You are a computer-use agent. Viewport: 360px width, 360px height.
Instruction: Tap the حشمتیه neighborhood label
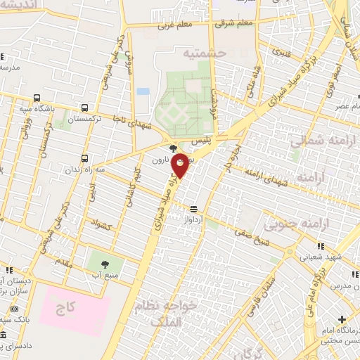pyautogui.click(x=202, y=53)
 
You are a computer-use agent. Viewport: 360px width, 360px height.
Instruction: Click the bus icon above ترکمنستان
pyautogui.click(x=85, y=108)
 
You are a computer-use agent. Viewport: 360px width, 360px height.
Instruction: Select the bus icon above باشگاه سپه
pyautogui.click(x=37, y=98)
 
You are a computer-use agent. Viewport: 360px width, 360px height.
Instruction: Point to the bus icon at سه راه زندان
pyautogui.click(x=85, y=158)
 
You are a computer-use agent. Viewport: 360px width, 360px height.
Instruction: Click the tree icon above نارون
pyautogui.click(x=174, y=148)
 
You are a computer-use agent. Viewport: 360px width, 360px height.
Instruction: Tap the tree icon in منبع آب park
pyautogui.click(x=105, y=264)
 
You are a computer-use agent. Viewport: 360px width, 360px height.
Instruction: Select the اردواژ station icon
pyautogui.click(x=193, y=208)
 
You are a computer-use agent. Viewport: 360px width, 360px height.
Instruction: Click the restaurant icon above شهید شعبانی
pyautogui.click(x=321, y=245)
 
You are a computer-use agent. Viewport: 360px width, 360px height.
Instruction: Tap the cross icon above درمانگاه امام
pyautogui.click(x=342, y=320)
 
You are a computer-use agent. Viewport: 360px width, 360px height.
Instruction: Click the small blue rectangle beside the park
pyautogui.click(x=143, y=91)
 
